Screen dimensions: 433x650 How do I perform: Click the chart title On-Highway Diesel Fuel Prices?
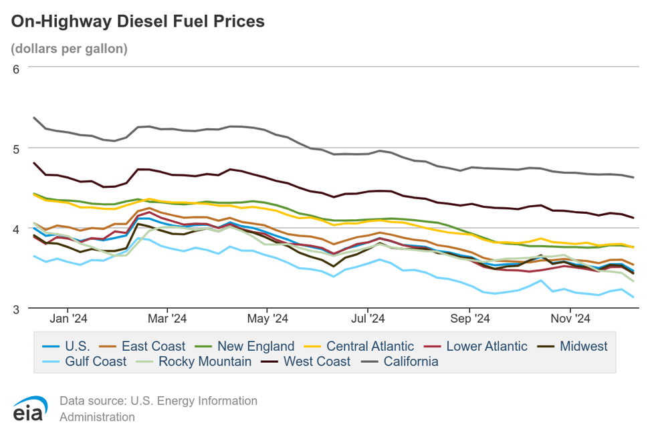coord(138,21)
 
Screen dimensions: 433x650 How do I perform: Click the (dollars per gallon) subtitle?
coord(69,49)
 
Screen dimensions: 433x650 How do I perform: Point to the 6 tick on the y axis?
coord(17,69)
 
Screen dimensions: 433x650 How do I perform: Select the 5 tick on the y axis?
coord(17,148)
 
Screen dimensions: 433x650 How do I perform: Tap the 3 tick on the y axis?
coord(17,309)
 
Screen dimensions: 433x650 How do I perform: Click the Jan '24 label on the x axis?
coord(69,319)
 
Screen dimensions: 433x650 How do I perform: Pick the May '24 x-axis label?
coord(267,319)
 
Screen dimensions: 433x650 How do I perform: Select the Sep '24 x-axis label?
coord(470,319)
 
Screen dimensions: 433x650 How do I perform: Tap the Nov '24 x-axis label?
coord(570,319)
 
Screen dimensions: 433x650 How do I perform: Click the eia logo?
coord(28,408)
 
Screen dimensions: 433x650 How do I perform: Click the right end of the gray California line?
coord(633,177)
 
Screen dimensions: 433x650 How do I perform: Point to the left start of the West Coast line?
coord(34,162)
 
